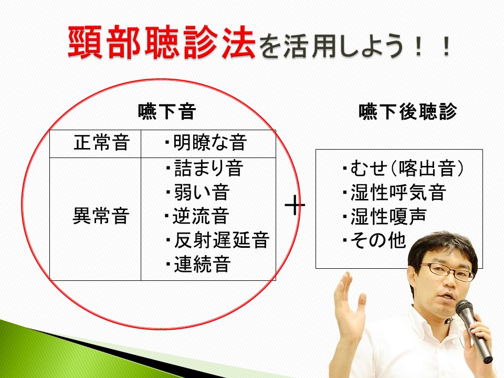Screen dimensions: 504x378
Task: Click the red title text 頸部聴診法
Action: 162,43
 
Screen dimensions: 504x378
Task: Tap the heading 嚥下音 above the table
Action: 167,111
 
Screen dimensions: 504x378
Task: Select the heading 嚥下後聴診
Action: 407,111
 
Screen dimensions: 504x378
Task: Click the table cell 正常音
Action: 101,142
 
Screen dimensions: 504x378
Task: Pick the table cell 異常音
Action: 101,216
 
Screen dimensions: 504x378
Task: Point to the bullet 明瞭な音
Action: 206,142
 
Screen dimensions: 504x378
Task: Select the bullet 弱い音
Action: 197,192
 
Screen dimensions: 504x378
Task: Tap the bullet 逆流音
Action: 197,216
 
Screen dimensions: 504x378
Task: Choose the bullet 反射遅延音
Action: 217,240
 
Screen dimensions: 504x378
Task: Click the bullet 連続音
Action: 198,264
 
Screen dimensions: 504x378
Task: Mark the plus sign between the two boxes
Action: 295,205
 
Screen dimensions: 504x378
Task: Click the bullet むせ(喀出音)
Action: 403,168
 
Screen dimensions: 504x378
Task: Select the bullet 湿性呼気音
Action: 394,192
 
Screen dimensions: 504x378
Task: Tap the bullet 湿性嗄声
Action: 384,216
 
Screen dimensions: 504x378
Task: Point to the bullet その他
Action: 374,240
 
